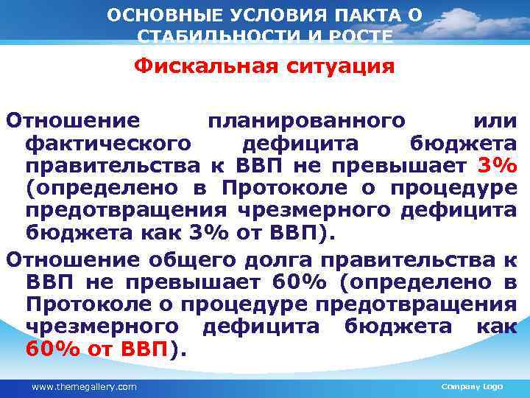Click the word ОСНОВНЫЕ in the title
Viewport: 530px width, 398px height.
point(152,15)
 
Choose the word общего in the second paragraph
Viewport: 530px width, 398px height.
point(198,259)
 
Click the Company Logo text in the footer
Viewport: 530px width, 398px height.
point(471,386)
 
